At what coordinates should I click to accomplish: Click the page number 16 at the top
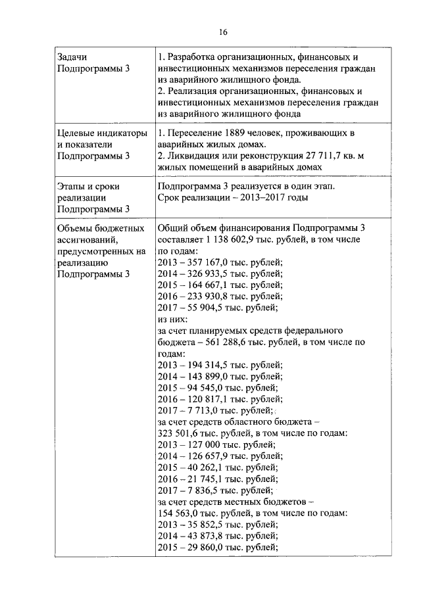[x=222, y=32]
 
